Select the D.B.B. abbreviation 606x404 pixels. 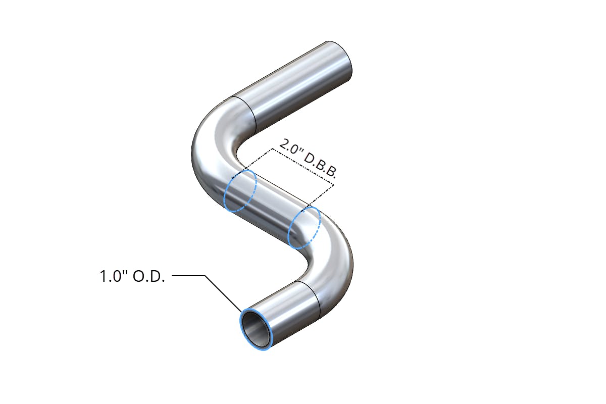click(x=320, y=165)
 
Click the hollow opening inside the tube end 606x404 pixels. click(x=255, y=329)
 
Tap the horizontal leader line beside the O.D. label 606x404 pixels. click(x=188, y=276)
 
